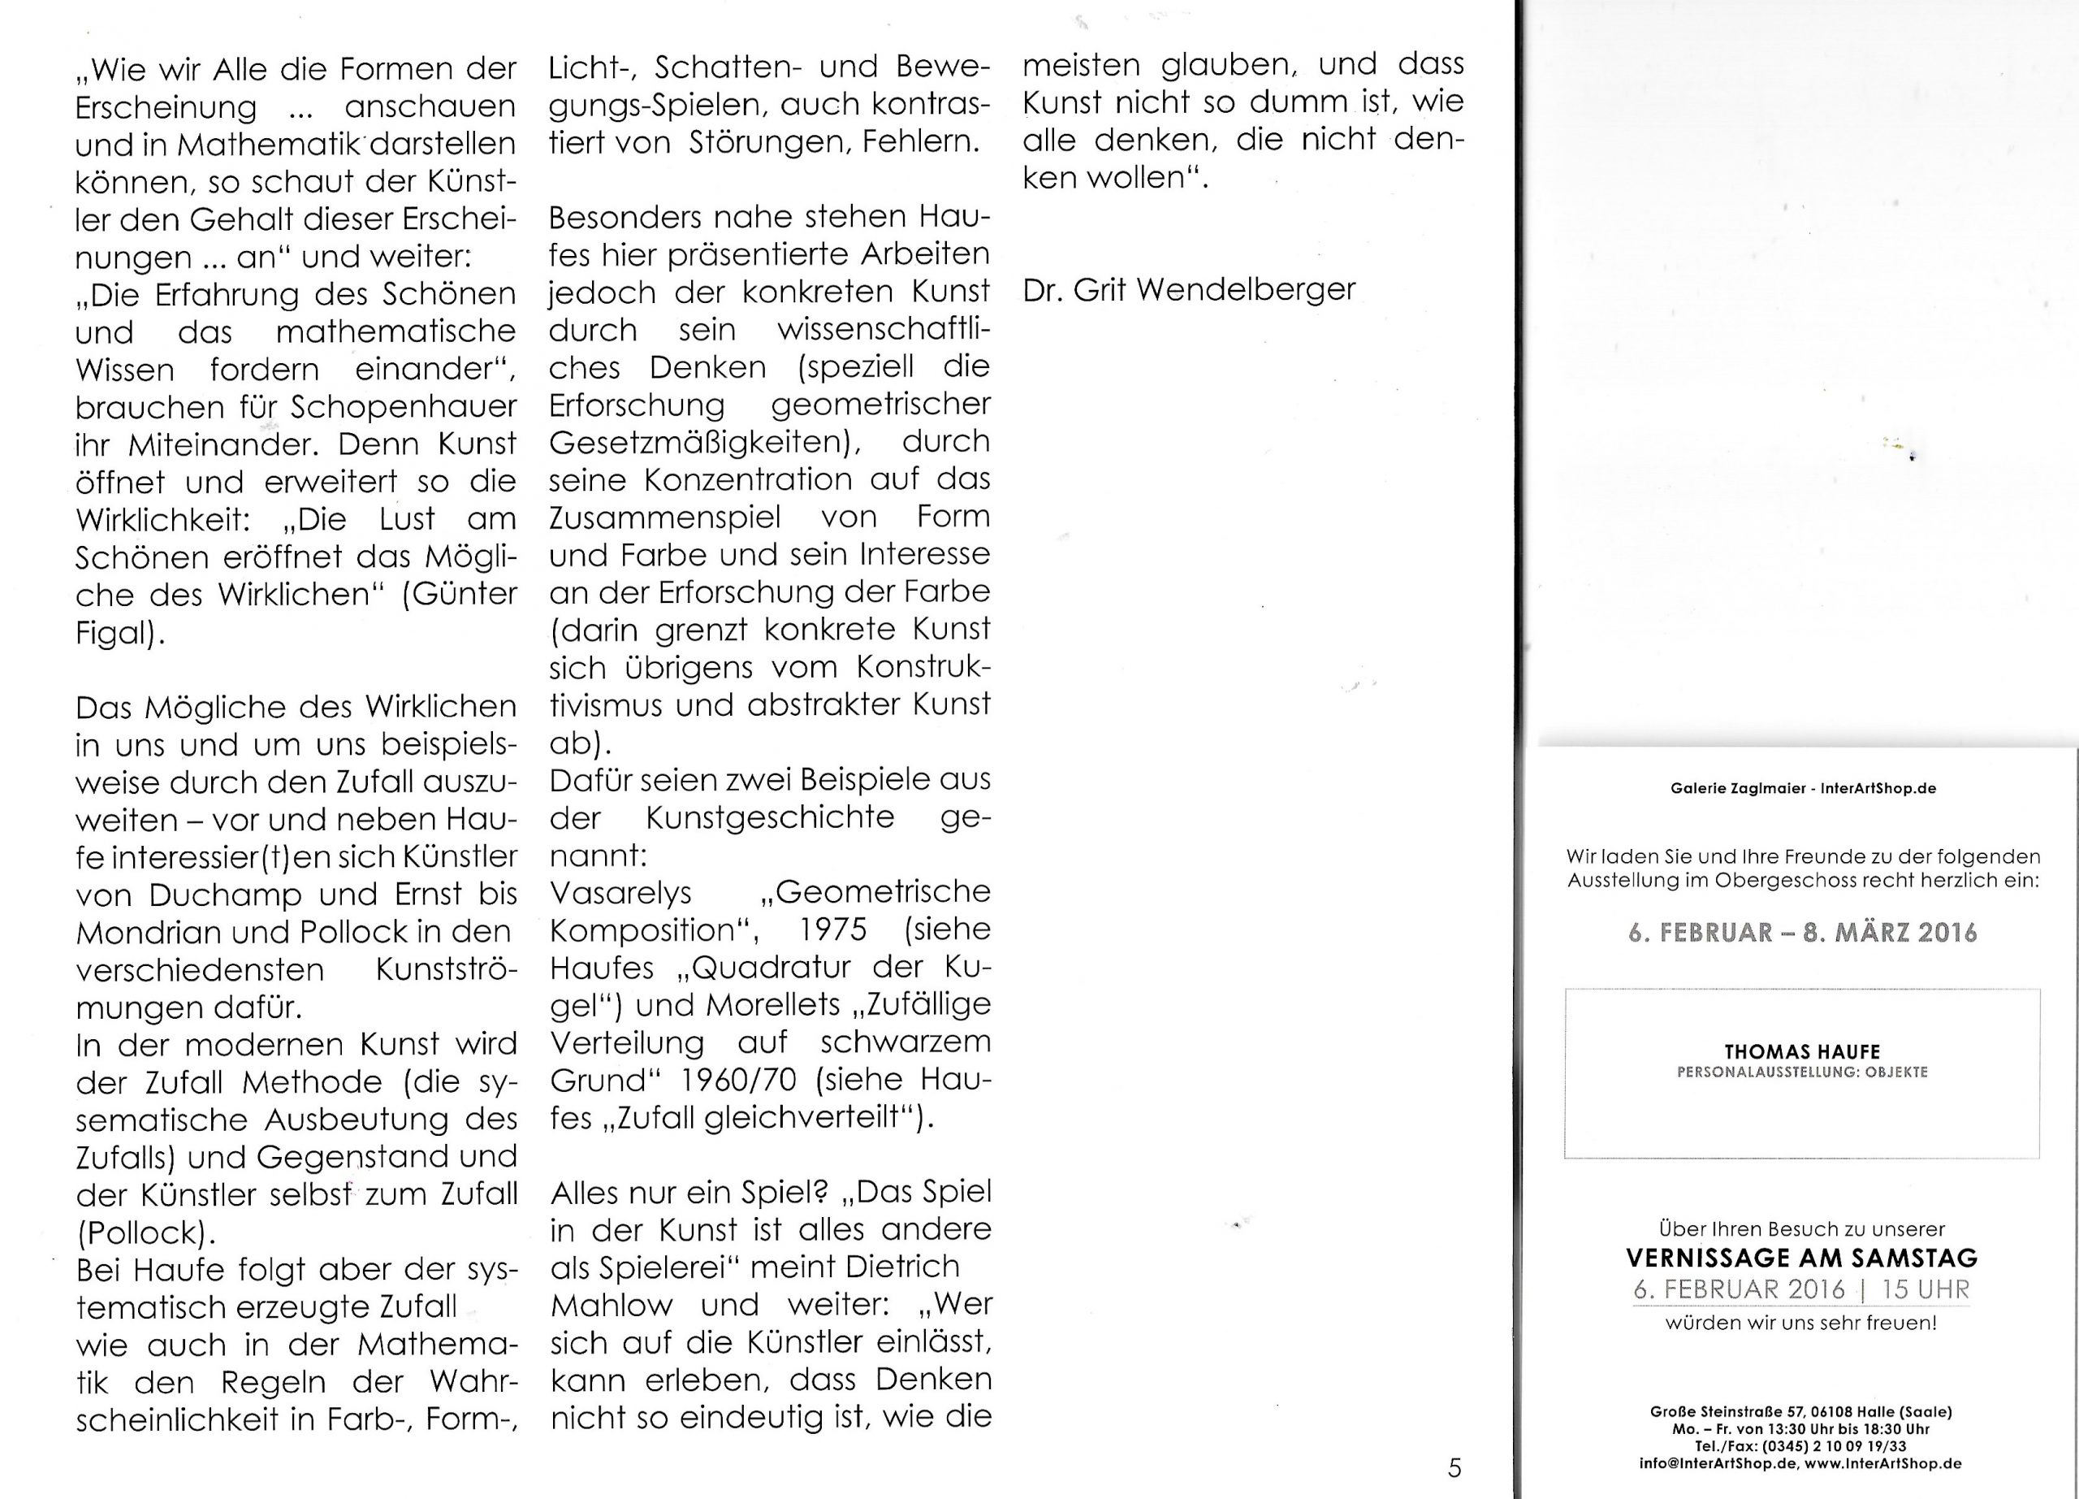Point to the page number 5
pos(1454,1468)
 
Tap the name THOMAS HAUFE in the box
pos(1801,1051)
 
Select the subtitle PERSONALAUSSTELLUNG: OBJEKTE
pos(1801,1072)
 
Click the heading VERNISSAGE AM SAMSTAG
pos(1801,1257)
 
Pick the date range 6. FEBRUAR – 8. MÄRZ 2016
pos(1801,933)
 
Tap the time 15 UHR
pos(1925,1289)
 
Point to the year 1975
pos(832,929)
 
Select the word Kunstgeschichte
pos(770,817)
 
